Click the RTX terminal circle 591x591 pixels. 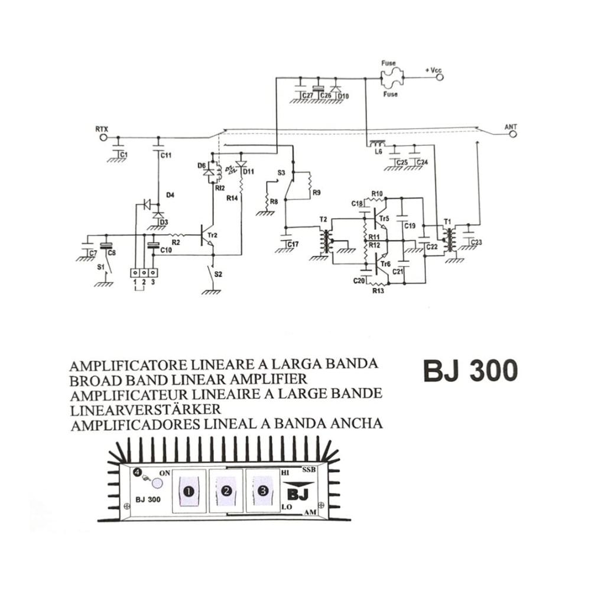[103, 137]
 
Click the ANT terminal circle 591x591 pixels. [512, 135]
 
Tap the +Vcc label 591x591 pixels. [433, 71]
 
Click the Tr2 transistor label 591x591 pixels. [213, 235]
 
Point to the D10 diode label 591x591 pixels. [344, 96]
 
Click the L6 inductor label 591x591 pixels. [379, 152]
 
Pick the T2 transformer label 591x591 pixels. [323, 219]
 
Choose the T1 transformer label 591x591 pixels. [447, 222]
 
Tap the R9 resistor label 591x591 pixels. [316, 193]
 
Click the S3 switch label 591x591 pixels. [281, 173]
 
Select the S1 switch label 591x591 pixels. [100, 268]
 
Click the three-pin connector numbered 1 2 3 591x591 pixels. [144, 273]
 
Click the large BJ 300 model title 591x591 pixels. [470, 371]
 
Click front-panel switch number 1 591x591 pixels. [189, 491]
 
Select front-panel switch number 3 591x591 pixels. [263, 490]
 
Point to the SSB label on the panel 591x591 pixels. [309, 470]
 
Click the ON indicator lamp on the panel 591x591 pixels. [157, 483]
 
